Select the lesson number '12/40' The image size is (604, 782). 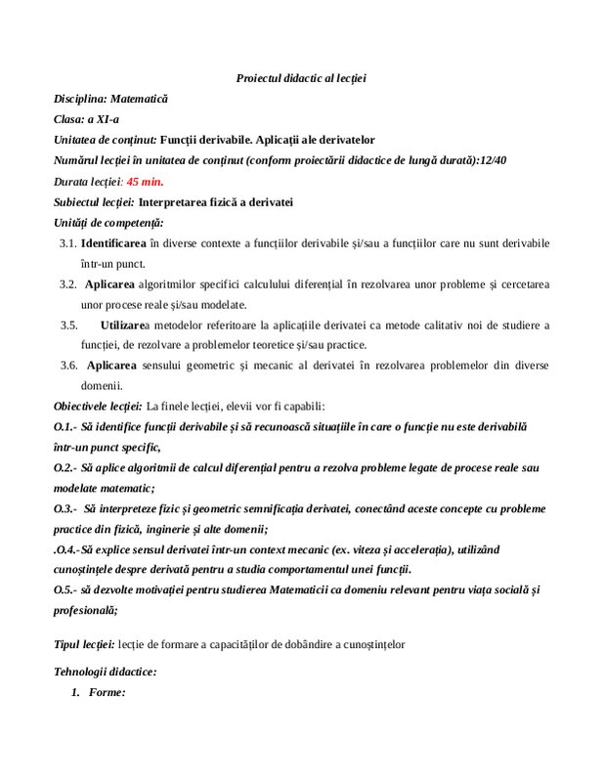coord(521,161)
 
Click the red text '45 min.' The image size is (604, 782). coord(147,182)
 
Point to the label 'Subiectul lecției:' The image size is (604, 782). coord(95,203)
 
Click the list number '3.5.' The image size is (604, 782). coord(67,325)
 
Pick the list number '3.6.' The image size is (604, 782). coord(67,366)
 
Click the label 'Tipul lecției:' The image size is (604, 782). coord(85,644)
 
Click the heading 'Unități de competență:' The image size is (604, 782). coord(108,224)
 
